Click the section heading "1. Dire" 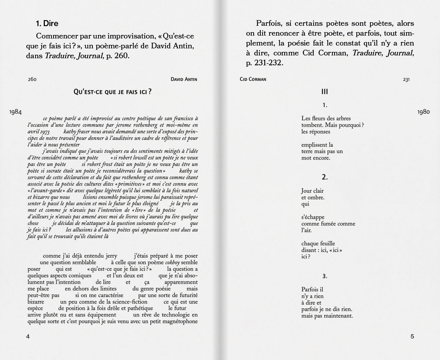[x=47, y=24]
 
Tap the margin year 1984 [x=16, y=112]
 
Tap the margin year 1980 [x=423, y=112]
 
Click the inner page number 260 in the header [x=32, y=79]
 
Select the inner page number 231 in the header [x=406, y=79]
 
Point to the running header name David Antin [x=184, y=79]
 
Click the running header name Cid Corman [x=253, y=79]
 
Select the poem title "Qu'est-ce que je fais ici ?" [x=113, y=92]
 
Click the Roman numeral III [x=325, y=92]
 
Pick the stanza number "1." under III [x=325, y=105]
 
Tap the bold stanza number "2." [x=325, y=178]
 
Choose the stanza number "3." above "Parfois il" [x=325, y=276]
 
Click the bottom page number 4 [x=28, y=336]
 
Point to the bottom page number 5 [x=412, y=336]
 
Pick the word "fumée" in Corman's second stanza [x=328, y=224]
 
